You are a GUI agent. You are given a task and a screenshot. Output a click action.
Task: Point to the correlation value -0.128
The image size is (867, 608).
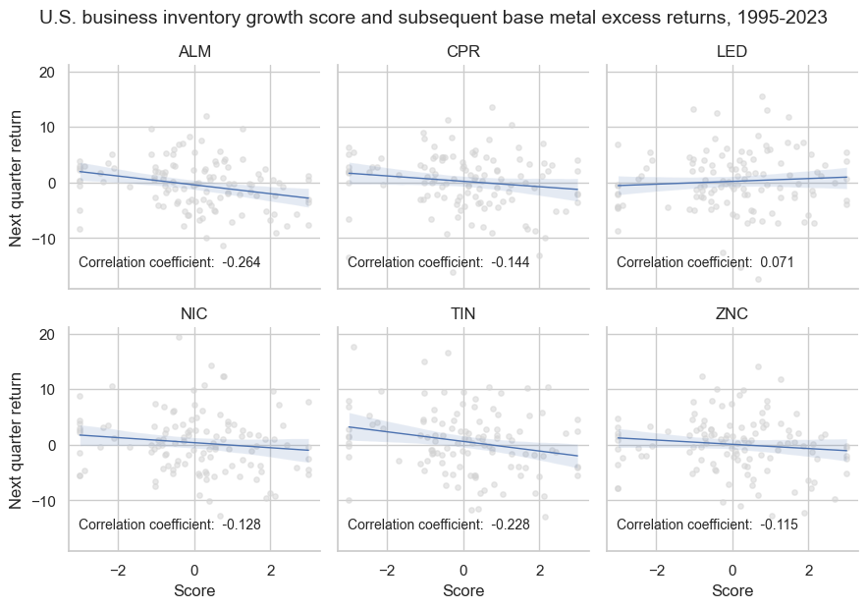pyautogui.click(x=241, y=525)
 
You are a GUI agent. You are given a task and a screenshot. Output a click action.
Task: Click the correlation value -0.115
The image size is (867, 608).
pyautogui.click(x=779, y=525)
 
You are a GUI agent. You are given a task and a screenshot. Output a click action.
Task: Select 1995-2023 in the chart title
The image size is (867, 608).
pyautogui.click(x=781, y=17)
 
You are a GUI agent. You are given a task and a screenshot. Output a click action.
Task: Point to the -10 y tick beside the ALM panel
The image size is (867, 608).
pyautogui.click(x=45, y=239)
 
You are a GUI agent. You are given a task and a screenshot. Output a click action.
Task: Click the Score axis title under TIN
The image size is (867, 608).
pyautogui.click(x=463, y=591)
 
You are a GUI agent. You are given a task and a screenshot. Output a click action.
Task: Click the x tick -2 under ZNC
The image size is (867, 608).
pyautogui.click(x=656, y=570)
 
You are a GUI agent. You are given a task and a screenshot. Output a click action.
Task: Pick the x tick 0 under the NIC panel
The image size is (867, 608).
pyautogui.click(x=193, y=570)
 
